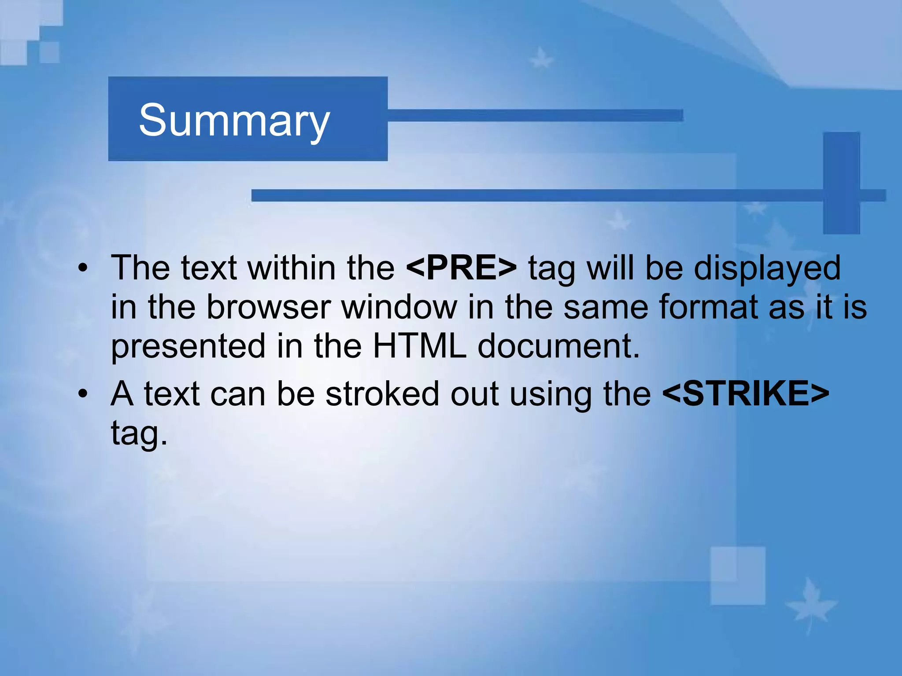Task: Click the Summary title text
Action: click(x=234, y=120)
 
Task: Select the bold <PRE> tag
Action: click(x=461, y=268)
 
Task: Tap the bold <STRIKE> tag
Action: click(x=746, y=393)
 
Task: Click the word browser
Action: click(x=269, y=307)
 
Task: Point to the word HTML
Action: click(x=419, y=346)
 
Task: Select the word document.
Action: click(x=558, y=346)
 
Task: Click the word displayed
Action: click(x=767, y=268)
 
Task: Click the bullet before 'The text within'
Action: click(x=83, y=268)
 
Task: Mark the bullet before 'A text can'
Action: click(x=83, y=394)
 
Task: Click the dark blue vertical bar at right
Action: click(x=841, y=183)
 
